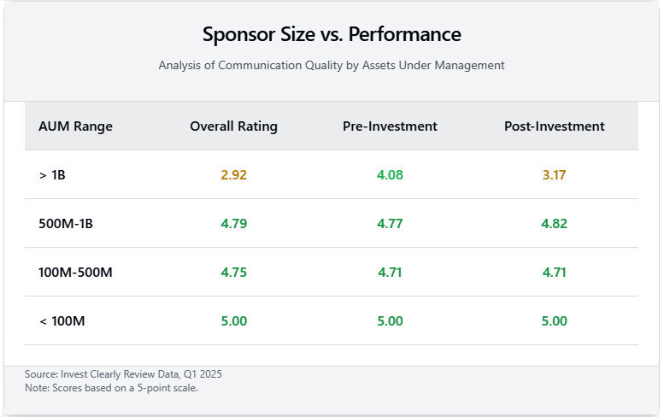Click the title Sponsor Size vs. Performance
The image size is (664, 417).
tap(332, 35)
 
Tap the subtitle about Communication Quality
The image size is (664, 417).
tap(332, 65)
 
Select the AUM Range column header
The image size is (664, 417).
tap(75, 126)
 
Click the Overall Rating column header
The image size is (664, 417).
tap(233, 126)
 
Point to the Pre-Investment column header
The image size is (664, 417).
tap(390, 126)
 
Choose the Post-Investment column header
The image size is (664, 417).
tap(554, 126)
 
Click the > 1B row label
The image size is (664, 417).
tap(51, 175)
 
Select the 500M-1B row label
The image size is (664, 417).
tap(65, 224)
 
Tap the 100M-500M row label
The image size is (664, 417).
tap(75, 273)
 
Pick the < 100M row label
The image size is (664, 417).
tap(62, 321)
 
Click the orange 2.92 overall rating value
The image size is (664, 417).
tap(233, 175)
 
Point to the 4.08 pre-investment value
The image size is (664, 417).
tap(390, 175)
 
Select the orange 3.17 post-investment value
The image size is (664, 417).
tap(554, 175)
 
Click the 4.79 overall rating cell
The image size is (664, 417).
tap(233, 224)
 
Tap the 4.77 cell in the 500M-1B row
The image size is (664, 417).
tap(390, 224)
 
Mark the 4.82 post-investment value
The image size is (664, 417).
tap(554, 224)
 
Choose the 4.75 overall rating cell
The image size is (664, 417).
tap(233, 273)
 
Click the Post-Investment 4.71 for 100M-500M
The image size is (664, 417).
tap(554, 273)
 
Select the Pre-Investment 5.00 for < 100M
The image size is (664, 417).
tap(390, 321)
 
